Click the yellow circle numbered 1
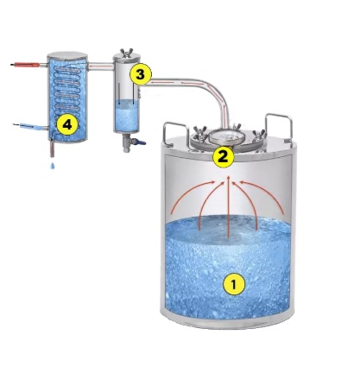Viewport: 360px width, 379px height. [x=234, y=284]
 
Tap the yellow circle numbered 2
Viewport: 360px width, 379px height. [x=224, y=157]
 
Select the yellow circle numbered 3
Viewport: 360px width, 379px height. [x=140, y=74]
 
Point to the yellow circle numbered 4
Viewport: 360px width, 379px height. [x=67, y=125]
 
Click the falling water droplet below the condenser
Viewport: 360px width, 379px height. [x=53, y=166]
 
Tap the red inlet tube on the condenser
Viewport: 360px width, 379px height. [x=25, y=65]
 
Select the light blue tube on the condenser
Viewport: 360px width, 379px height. [x=28, y=126]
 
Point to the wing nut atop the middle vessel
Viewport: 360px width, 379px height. [x=127, y=53]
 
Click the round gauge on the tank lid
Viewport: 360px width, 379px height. [x=227, y=137]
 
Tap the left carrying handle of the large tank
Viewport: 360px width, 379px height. [x=175, y=133]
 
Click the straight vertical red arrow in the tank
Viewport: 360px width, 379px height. [x=229, y=206]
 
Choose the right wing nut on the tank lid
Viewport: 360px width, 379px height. [x=258, y=135]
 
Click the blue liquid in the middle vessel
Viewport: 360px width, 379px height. [x=127, y=115]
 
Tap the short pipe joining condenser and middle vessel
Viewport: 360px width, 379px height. [x=100, y=67]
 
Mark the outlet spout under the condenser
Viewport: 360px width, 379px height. [x=52, y=148]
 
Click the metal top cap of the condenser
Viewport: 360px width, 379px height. [x=67, y=55]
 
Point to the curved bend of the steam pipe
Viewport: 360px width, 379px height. [x=218, y=92]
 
